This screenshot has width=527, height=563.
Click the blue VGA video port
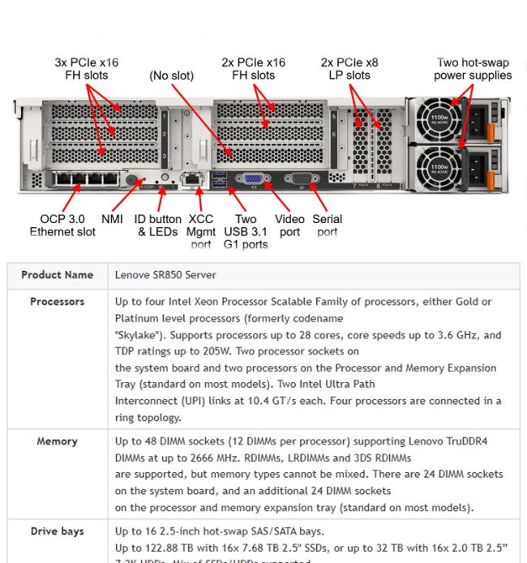click(252, 178)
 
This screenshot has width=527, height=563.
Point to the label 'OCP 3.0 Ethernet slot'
click(62, 226)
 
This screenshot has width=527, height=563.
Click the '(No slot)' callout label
click(171, 75)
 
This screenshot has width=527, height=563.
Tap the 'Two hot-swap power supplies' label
click(473, 69)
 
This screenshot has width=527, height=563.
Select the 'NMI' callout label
click(112, 219)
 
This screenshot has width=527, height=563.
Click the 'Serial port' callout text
click(327, 226)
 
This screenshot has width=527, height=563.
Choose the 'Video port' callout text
click(289, 226)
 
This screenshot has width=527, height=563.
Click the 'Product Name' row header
click(57, 275)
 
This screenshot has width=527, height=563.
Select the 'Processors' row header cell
click(57, 302)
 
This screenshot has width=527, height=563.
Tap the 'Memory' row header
click(57, 441)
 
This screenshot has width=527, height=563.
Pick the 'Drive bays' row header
click(57, 531)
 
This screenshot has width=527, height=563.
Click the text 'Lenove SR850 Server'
click(165, 275)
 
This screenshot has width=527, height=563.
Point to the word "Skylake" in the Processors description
click(141, 334)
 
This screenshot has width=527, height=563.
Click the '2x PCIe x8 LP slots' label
click(349, 69)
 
